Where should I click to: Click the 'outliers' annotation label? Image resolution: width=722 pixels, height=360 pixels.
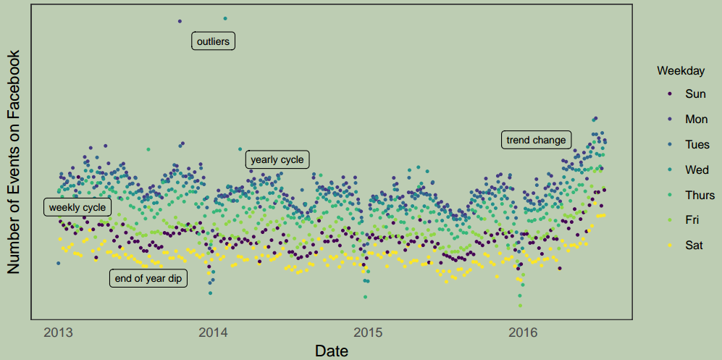[213, 41]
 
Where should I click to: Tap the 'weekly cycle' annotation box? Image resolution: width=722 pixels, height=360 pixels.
[77, 208]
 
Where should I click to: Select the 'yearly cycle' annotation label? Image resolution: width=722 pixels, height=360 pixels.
[277, 159]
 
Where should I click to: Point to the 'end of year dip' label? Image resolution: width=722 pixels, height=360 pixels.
[148, 278]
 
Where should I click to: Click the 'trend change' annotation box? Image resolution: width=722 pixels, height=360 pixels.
[536, 140]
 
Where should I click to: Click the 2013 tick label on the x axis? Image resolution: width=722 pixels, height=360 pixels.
[59, 333]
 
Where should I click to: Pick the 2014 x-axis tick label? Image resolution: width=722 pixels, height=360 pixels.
[213, 333]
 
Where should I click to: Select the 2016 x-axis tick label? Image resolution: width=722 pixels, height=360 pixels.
[523, 333]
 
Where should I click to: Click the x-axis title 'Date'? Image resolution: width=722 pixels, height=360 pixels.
[332, 351]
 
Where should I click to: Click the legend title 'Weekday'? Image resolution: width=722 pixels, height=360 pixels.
[681, 71]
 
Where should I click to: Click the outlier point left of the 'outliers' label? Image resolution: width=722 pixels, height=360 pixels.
[180, 21]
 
